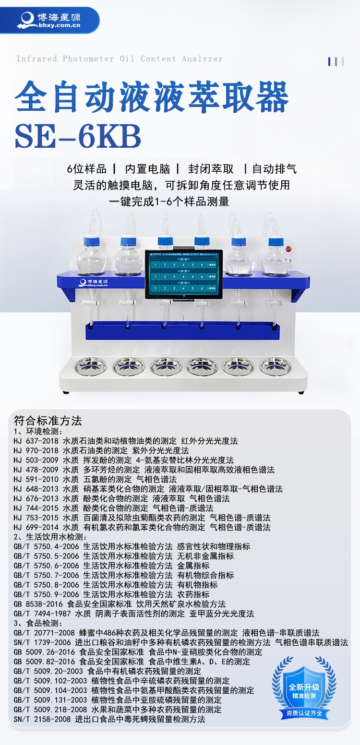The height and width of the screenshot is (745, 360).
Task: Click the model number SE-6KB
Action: tap(78, 137)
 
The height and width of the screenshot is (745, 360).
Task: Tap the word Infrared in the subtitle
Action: tap(36, 59)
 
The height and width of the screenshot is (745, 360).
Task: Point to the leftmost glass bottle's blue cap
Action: tap(91, 242)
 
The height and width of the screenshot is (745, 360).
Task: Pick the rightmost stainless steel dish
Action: tap(275, 366)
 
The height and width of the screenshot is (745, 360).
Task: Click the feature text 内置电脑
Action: tap(148, 169)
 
